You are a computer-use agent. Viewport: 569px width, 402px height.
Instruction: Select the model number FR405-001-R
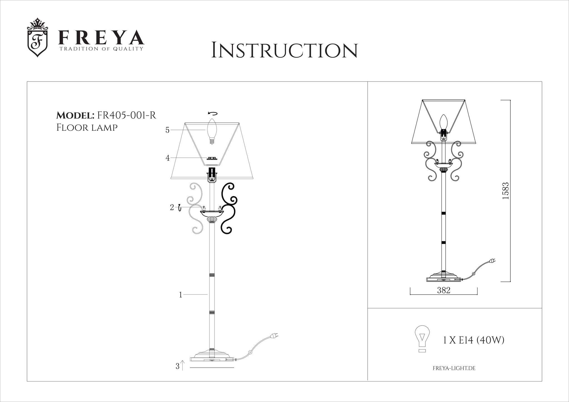[x=126, y=115]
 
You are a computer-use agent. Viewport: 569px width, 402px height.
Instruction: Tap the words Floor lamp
[x=87, y=128]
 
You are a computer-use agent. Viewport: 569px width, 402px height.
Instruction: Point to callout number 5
[x=167, y=130]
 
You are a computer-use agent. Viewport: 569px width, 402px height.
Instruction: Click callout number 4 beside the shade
[x=168, y=158]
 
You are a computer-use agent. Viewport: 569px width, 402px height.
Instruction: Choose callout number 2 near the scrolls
[x=172, y=207]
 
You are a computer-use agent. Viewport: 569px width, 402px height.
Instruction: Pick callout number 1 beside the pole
[x=181, y=295]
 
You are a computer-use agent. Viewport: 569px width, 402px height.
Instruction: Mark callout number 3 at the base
[x=178, y=366]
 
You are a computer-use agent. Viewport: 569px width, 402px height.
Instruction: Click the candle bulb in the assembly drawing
[x=212, y=131]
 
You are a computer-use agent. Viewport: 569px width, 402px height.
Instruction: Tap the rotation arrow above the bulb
[x=213, y=113]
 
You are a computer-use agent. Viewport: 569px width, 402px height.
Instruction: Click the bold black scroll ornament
[x=229, y=208]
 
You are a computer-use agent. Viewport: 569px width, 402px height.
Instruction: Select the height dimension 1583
[x=505, y=190]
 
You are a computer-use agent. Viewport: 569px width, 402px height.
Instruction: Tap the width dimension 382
[x=444, y=290]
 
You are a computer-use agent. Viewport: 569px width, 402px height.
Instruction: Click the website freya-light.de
[x=454, y=368]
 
